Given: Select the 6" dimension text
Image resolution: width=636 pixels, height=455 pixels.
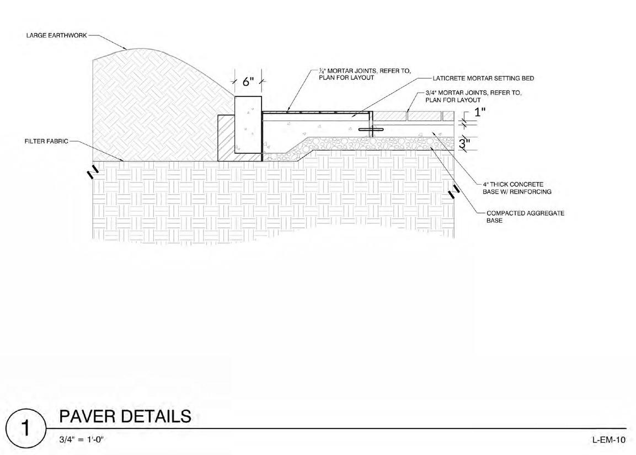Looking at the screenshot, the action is (x=248, y=82).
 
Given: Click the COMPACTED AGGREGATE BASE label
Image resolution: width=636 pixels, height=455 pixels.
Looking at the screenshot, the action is (x=525, y=216).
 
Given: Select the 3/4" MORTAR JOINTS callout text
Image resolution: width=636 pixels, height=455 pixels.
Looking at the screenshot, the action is (x=473, y=97).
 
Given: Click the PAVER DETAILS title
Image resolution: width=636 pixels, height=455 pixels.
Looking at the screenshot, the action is (x=125, y=416).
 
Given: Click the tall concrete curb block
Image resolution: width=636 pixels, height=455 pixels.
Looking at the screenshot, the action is (x=248, y=124).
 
